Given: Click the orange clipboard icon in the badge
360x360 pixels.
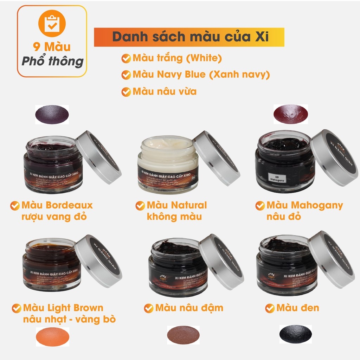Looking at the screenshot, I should pyautogui.click(x=52, y=24).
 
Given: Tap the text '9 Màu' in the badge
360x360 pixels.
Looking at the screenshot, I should pyautogui.click(x=52, y=47).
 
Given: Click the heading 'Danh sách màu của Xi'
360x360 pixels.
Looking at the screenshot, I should pyautogui.click(x=190, y=37).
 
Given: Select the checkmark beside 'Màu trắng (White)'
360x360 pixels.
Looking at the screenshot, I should pyautogui.click(x=126, y=58).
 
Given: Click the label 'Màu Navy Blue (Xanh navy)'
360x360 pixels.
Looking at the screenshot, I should pyautogui.click(x=201, y=75).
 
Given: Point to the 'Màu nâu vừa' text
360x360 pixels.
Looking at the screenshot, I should pyautogui.click(x=164, y=91).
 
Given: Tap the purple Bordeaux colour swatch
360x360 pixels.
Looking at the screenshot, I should pyautogui.click(x=52, y=114).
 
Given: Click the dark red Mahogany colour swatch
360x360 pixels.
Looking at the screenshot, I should pyautogui.click(x=290, y=114).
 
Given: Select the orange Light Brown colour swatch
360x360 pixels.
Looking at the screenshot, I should pyautogui.click(x=52, y=337).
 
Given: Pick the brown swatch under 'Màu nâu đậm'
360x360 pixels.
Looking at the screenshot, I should pyautogui.click(x=183, y=334).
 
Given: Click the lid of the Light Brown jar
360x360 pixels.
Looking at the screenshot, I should pyautogui.click(x=99, y=261).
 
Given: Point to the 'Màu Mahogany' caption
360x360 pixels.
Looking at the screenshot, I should pyautogui.click(x=304, y=205).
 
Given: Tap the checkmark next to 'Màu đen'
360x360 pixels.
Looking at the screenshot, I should pyautogui.click(x=270, y=308).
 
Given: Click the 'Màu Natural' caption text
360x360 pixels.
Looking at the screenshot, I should pyautogui.click(x=176, y=205).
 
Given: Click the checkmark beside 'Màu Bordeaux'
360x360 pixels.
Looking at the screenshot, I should pyautogui.click(x=15, y=205).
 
